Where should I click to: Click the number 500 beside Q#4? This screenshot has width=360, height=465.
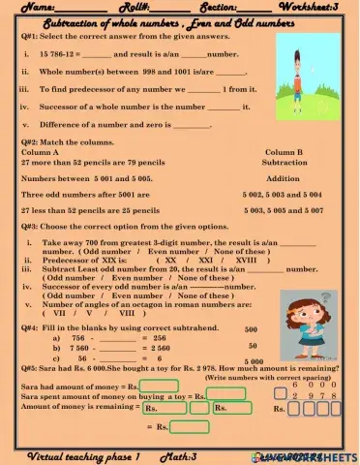pyautogui.click(x=251, y=329)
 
